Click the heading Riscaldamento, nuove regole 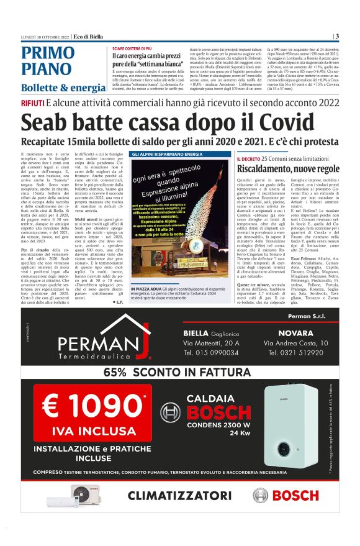288,169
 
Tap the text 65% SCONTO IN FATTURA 179,373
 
